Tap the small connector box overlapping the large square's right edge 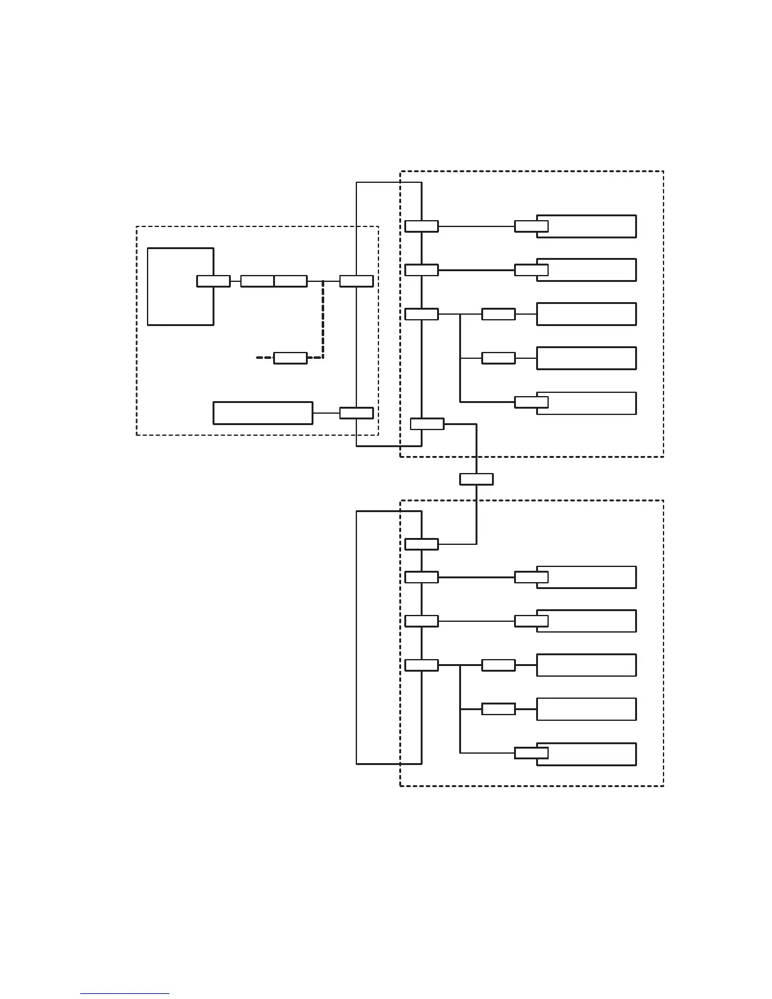pyautogui.click(x=213, y=281)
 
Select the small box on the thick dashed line pyautogui.click(x=290, y=358)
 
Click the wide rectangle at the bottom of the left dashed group pyautogui.click(x=262, y=412)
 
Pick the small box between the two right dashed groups pyautogui.click(x=476, y=479)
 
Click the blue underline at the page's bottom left pyautogui.click(x=125, y=993)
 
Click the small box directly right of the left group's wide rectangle pyautogui.click(x=356, y=413)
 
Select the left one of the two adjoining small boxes pyautogui.click(x=257, y=281)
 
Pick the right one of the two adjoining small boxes pyautogui.click(x=291, y=281)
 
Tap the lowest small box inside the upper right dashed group pyautogui.click(x=427, y=424)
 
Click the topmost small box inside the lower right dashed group pyautogui.click(x=421, y=544)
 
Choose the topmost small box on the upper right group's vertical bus pyautogui.click(x=421, y=226)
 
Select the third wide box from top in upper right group pyautogui.click(x=586, y=314)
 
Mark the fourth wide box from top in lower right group pyautogui.click(x=586, y=710)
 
